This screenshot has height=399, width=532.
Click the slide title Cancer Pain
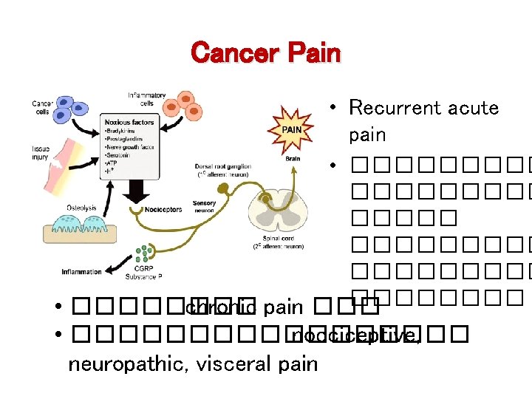265,53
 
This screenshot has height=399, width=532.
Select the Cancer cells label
41,108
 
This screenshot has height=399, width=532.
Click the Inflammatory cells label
146,99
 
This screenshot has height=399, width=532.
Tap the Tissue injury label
41,153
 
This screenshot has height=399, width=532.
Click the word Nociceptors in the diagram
163,210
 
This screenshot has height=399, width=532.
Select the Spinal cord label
273,241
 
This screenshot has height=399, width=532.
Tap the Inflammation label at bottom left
81,272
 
